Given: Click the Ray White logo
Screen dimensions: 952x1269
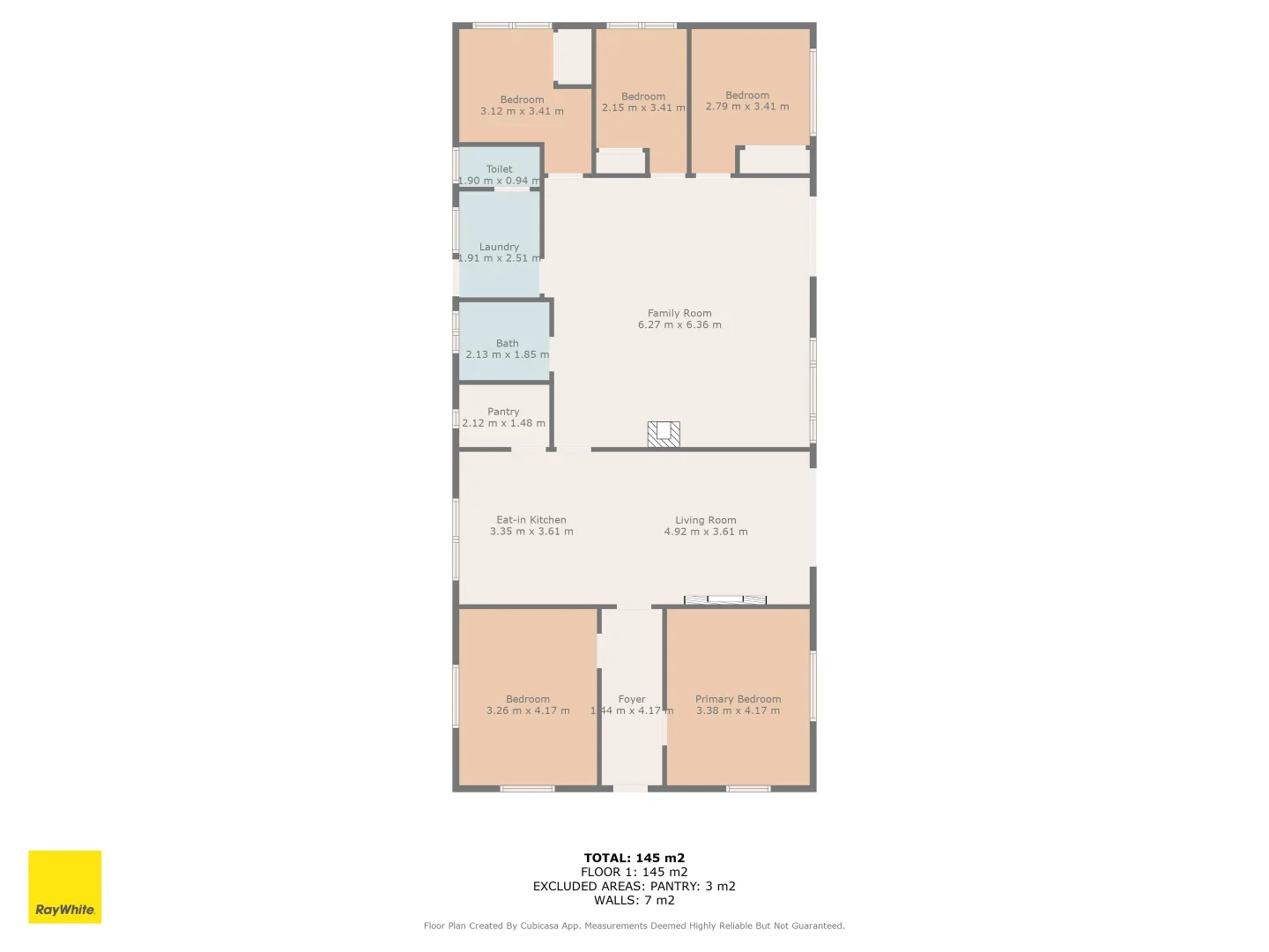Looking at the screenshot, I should [64, 887].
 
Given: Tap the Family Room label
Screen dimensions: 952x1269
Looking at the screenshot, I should [679, 313].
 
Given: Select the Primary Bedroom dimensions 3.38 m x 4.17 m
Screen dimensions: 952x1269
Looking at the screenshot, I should [738, 710].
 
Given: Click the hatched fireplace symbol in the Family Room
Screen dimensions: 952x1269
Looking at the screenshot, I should [664, 435].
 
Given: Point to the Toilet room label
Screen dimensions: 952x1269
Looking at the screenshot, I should [499, 169].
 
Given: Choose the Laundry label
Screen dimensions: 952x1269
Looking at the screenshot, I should [499, 247].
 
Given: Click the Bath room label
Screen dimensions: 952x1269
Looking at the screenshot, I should [507, 343].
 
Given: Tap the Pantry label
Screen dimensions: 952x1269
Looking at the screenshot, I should [503, 412].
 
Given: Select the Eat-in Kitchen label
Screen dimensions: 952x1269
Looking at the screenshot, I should [531, 520].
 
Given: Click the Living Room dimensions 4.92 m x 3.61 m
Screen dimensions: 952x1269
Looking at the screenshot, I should [705, 532].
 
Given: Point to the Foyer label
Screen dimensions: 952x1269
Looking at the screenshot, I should [632, 699].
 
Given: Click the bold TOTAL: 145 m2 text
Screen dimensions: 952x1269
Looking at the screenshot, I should [634, 858].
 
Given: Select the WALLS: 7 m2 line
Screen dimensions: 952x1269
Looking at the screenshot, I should [634, 900].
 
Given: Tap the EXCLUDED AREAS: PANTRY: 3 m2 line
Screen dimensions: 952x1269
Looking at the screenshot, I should [634, 886].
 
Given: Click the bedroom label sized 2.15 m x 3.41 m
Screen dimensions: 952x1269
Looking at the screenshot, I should [643, 97].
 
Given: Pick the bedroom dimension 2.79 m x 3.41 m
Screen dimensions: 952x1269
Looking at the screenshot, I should [747, 107].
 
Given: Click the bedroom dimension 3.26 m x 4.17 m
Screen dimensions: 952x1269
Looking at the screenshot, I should [528, 710].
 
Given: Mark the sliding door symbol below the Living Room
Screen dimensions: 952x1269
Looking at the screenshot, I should [725, 600].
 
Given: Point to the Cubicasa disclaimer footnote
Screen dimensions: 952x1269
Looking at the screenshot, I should [634, 926].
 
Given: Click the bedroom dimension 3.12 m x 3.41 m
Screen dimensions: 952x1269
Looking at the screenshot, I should [522, 111].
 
